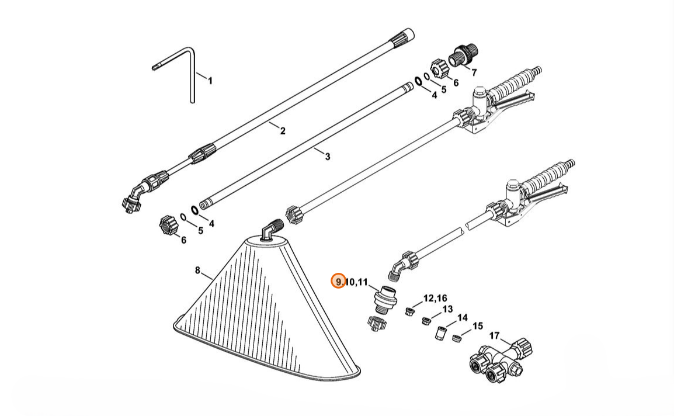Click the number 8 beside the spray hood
197,271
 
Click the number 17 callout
494,336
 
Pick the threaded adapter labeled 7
463,57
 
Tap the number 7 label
474,73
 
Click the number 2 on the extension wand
283,131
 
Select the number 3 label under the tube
327,157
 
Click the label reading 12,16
435,298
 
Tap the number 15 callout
478,326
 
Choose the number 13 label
447,309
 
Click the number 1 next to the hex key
210,81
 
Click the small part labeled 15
458,337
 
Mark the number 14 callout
463,318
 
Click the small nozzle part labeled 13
426,320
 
